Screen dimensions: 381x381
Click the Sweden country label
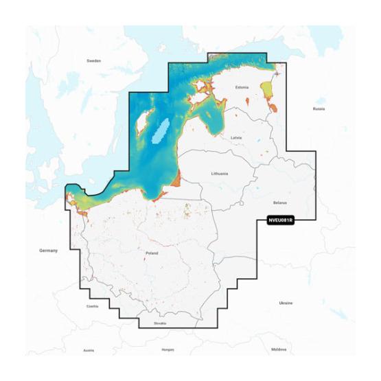(93, 60)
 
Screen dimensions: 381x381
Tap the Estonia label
(242, 87)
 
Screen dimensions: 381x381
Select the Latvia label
(236, 137)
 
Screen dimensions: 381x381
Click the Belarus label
(279, 203)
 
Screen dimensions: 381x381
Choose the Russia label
(319, 108)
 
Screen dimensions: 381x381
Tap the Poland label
(152, 253)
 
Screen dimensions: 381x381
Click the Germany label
(49, 251)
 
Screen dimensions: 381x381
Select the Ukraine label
(285, 303)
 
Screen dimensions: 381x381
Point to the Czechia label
(93, 306)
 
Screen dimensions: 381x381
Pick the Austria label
(89, 350)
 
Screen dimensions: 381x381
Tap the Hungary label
(167, 349)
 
